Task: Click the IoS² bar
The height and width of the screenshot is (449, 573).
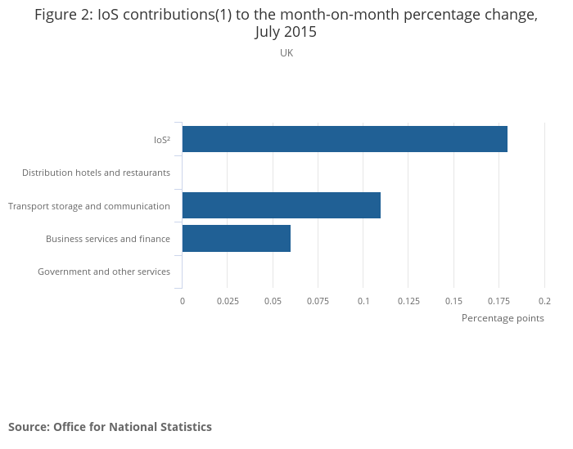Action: coord(345,139)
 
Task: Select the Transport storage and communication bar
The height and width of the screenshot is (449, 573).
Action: coord(281,205)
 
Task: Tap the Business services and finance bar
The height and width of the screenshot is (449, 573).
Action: coord(236,238)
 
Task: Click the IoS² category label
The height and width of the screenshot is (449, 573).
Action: coord(162,140)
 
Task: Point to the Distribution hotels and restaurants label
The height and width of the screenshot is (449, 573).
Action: coord(96,173)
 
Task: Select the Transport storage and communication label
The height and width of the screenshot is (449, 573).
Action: coord(89,206)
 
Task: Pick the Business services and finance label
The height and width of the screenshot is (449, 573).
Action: coord(108,239)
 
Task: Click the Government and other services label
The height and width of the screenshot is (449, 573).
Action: coord(104,272)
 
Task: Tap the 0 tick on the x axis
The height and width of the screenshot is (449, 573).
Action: coord(183,301)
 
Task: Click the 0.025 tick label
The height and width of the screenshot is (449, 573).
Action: coord(228,301)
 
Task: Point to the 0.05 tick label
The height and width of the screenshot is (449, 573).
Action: coord(273,301)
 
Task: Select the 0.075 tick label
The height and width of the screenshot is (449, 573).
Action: coord(318,301)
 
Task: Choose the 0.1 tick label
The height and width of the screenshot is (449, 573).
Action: coord(363,301)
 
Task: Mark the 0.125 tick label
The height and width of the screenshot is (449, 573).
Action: coord(408,301)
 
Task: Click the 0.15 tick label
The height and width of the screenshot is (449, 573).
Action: coord(453,301)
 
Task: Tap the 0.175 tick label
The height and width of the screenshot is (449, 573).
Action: coord(499,301)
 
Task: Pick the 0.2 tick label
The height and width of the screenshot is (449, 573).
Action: coord(545,301)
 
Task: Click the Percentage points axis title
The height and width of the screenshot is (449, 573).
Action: coord(503,318)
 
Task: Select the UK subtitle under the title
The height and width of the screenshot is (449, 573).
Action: coord(286,53)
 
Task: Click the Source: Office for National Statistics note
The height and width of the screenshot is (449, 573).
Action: coord(110,427)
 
